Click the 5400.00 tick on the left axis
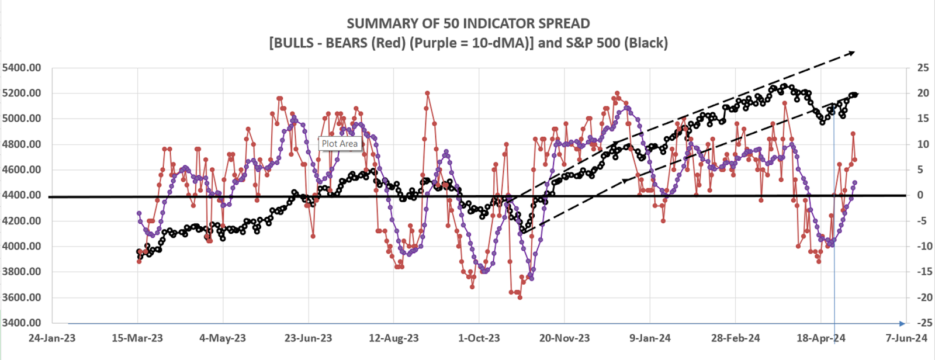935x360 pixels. coord(22,68)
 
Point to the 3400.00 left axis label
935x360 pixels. coord(22,323)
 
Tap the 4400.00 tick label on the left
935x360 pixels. coord(22,195)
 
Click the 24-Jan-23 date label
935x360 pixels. coord(51,338)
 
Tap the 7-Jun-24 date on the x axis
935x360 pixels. coord(906,338)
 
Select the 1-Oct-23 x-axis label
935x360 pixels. coord(479,338)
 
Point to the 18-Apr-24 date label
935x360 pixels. coord(820,338)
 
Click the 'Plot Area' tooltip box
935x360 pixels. coord(340,144)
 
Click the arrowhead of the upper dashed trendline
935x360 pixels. coord(852,53)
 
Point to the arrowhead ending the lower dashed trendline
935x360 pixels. coord(855,94)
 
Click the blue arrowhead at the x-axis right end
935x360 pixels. coord(902,323)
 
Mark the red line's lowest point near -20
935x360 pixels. coord(520,297)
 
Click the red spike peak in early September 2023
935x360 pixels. coord(427,93)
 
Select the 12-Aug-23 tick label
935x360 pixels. coord(394,338)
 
